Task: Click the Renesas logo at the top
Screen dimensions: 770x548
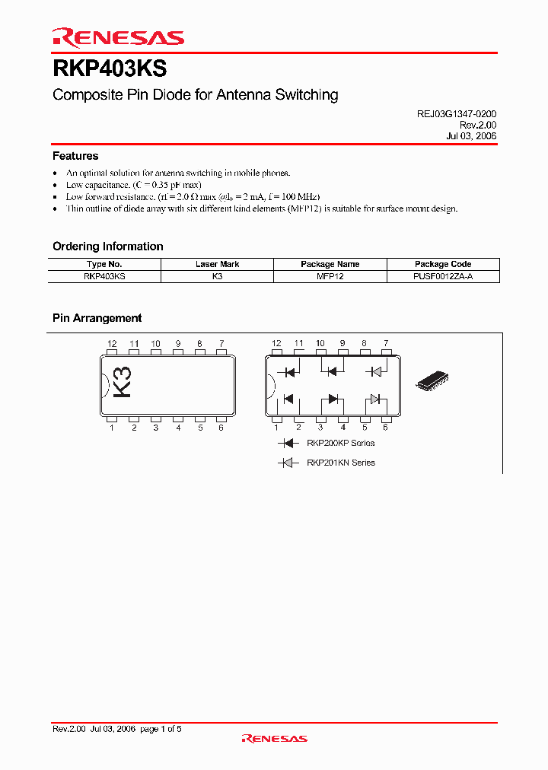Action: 118,37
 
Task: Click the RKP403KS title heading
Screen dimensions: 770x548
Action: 110,69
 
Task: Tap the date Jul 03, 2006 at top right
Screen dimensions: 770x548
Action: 471,135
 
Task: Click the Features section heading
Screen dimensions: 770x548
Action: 75,156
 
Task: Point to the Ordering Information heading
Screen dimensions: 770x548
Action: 107,247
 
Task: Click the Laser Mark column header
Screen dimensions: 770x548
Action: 217,264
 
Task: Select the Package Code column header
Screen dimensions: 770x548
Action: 443,264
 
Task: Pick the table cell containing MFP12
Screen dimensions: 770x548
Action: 330,277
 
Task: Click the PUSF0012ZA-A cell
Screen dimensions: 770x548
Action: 443,277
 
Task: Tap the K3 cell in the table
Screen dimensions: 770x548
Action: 217,277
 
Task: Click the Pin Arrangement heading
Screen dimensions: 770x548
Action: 97,318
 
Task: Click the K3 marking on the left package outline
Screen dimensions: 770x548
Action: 122,381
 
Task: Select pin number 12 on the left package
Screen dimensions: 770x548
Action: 112,344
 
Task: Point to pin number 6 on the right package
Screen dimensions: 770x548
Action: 386,428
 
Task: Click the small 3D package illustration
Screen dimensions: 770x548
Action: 436,380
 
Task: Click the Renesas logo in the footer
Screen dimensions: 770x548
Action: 274,738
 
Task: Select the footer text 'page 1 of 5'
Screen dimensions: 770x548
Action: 161,729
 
